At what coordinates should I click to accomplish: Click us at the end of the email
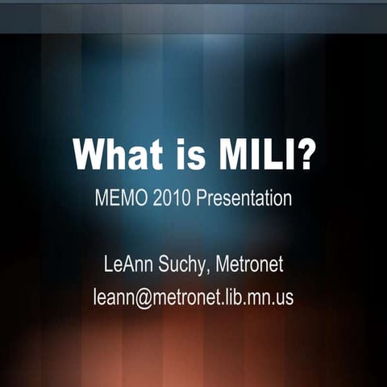tap(285, 298)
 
